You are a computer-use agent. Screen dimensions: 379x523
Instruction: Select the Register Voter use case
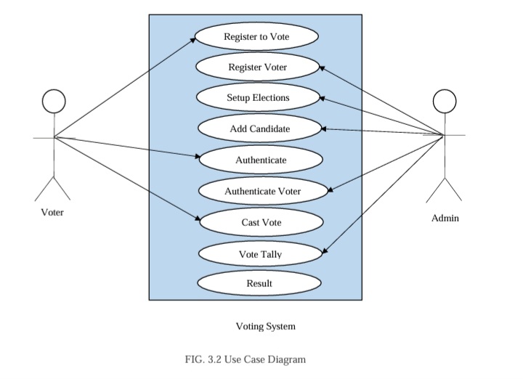(257, 68)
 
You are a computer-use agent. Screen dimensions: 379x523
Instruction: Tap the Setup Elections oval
(257, 98)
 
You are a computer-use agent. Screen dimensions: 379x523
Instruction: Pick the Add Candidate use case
(259, 129)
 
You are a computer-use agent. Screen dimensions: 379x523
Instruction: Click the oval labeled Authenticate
(260, 160)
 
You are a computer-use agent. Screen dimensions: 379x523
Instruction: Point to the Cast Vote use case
(261, 222)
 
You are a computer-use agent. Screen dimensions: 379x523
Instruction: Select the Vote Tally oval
(260, 254)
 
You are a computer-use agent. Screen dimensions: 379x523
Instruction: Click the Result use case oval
(259, 283)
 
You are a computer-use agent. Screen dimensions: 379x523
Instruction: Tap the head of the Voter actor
(53, 102)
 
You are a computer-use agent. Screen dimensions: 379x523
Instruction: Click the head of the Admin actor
(444, 101)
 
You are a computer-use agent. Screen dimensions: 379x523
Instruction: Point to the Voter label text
(52, 213)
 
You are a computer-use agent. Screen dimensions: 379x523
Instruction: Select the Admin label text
(445, 218)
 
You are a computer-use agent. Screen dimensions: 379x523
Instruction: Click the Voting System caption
(266, 326)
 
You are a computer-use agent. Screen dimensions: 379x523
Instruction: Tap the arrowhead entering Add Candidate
(324, 129)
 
